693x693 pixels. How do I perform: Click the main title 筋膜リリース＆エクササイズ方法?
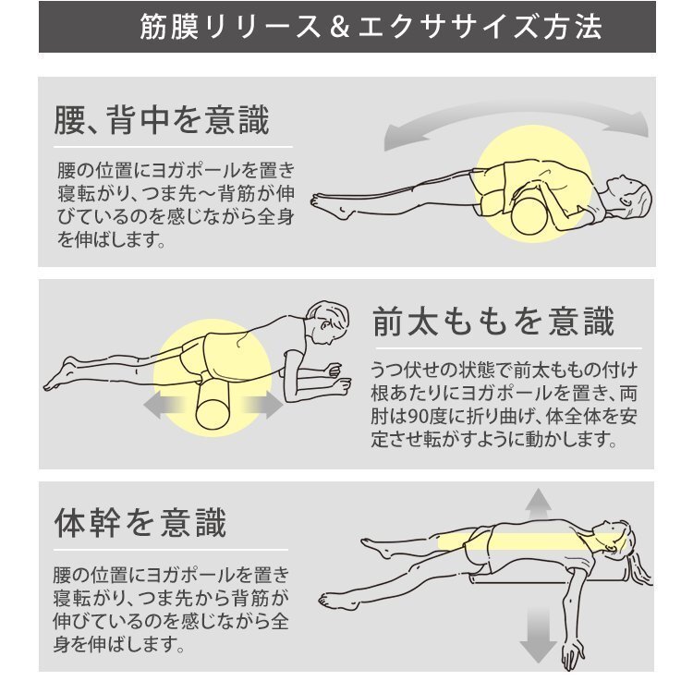[371, 27]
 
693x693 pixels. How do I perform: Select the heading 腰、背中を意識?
[162, 120]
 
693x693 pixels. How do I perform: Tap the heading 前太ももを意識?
[493, 322]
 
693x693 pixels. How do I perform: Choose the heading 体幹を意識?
[140, 523]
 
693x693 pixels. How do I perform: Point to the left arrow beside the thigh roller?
[164, 406]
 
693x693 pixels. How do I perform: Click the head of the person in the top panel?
[630, 194]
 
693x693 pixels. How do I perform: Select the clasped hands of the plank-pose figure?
[337, 379]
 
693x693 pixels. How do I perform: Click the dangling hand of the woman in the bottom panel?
[573, 654]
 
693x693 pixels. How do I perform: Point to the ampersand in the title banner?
[339, 27]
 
